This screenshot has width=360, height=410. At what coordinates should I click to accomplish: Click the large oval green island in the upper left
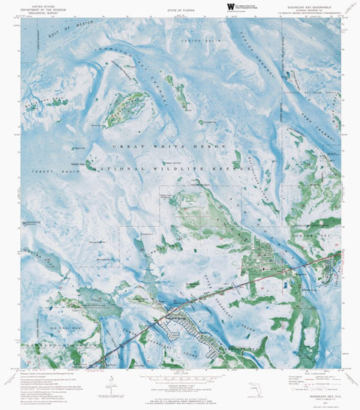click(x=124, y=110)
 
